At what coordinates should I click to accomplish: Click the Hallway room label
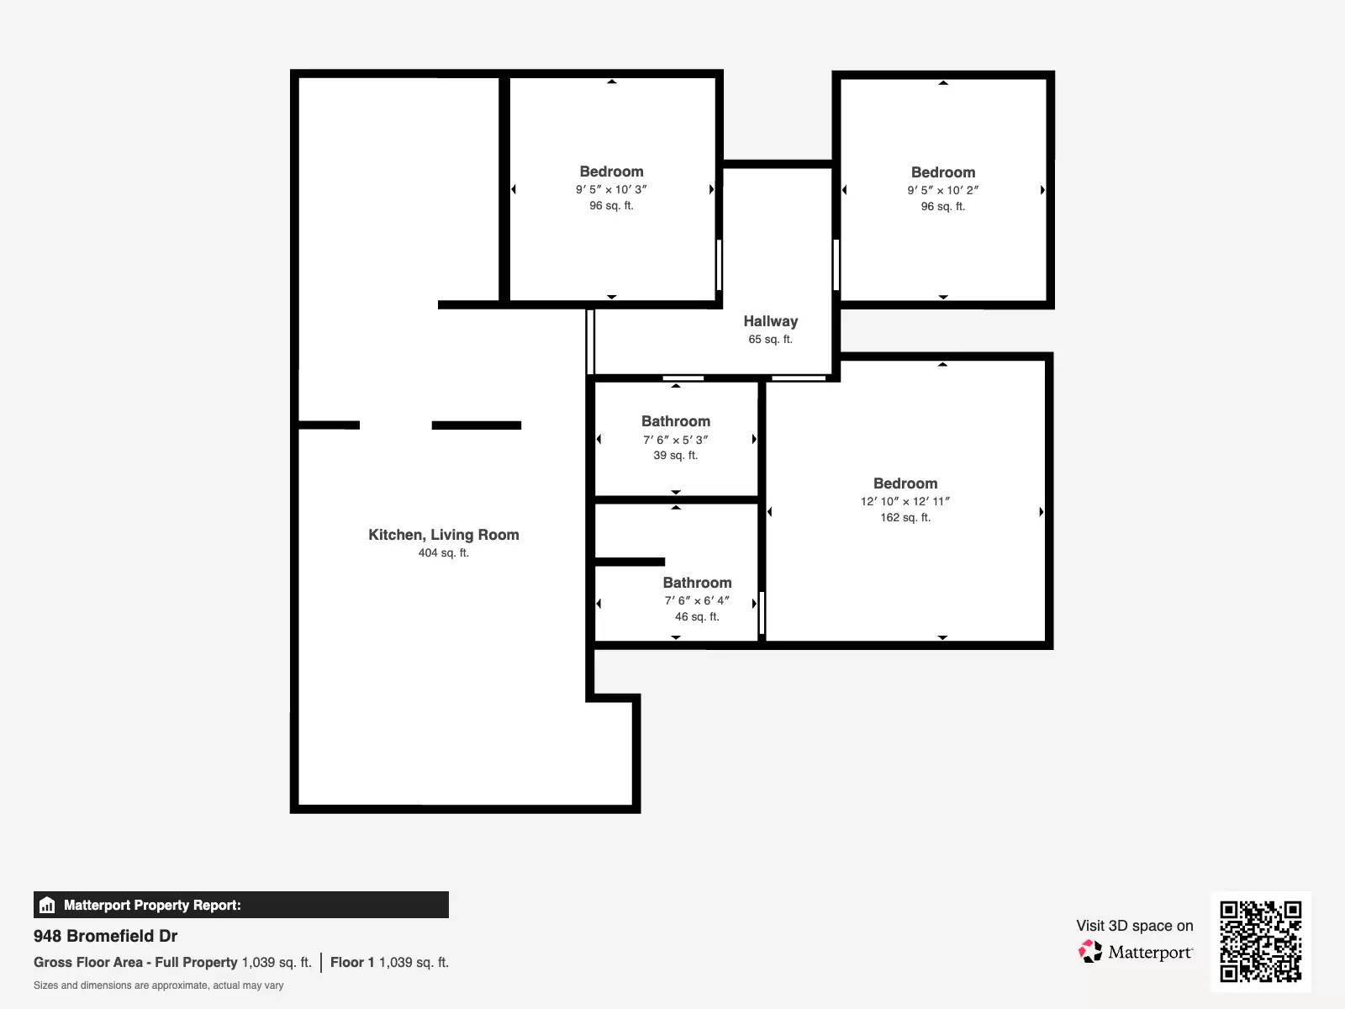[x=770, y=321]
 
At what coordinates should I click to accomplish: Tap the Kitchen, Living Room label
[x=444, y=535]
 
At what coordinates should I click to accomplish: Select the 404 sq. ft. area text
[x=444, y=552]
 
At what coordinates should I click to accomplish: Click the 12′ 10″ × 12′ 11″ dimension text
[x=905, y=501]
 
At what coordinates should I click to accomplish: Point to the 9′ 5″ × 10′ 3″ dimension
[x=611, y=189]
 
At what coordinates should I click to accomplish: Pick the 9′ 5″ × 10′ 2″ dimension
[x=943, y=190]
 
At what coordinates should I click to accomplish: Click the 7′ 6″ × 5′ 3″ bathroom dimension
[x=675, y=439]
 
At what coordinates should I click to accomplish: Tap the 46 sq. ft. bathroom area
[x=697, y=616]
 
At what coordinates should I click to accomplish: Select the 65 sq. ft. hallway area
[x=770, y=339]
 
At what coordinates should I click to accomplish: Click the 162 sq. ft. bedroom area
[x=905, y=517]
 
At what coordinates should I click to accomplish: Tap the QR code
[x=1260, y=942]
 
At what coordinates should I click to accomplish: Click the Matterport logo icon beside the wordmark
[x=1090, y=952]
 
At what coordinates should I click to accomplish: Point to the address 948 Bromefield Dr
[x=105, y=936]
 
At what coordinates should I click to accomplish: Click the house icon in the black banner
[x=47, y=905]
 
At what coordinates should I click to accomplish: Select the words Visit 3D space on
[x=1134, y=926]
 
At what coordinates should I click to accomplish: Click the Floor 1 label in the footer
[x=352, y=962]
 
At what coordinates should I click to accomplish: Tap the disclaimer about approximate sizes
[x=158, y=985]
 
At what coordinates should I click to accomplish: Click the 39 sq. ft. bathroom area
[x=675, y=455]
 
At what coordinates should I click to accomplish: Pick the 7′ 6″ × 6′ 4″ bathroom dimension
[x=697, y=600]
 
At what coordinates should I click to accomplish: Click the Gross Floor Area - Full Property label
[x=135, y=962]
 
